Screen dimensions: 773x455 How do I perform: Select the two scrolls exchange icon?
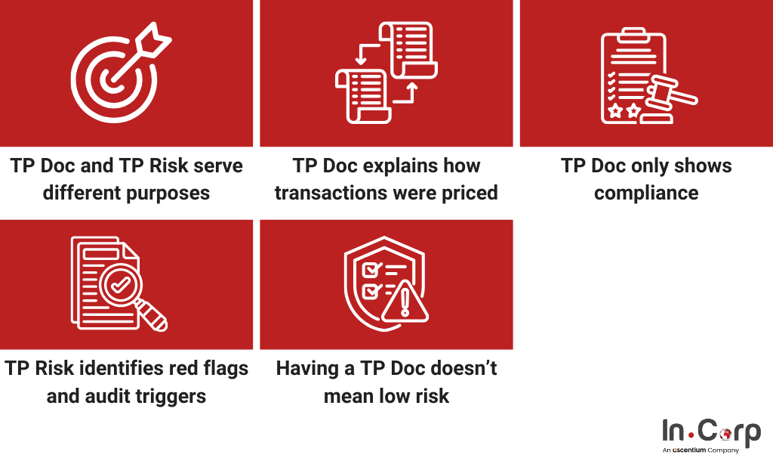pos(386,72)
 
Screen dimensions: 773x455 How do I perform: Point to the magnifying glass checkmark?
pos(121,284)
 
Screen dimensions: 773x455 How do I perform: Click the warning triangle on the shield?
pos(405,301)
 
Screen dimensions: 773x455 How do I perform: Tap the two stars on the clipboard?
pos(624,110)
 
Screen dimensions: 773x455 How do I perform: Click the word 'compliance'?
pos(646,193)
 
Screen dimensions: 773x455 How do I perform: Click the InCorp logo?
pos(711,435)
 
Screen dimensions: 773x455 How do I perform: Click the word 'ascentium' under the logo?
pos(688,450)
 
